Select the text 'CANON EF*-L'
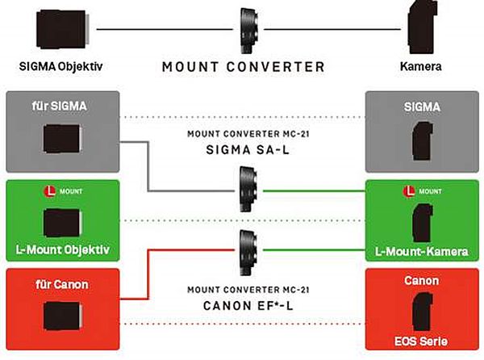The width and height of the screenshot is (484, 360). pyautogui.click(x=243, y=306)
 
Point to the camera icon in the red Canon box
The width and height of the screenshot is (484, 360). pyautogui.click(x=422, y=313)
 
